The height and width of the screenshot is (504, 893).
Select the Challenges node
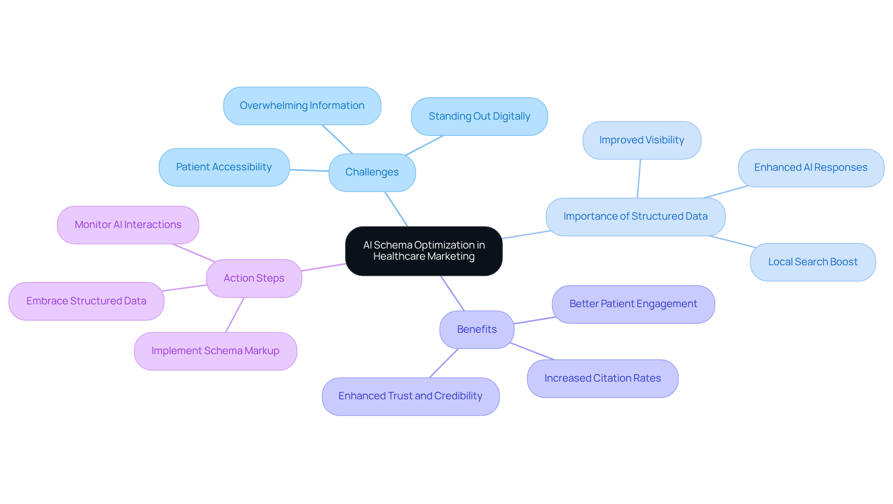click(372, 172)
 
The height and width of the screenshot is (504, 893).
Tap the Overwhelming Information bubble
click(302, 106)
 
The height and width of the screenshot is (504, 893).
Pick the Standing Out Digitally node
click(479, 116)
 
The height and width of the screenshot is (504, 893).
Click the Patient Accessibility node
click(224, 167)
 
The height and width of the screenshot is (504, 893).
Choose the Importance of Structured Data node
click(635, 216)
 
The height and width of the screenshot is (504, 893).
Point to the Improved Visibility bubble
click(641, 140)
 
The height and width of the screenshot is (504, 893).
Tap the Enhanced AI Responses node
click(810, 168)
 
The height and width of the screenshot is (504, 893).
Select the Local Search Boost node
click(813, 262)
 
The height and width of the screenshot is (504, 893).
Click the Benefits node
click(477, 329)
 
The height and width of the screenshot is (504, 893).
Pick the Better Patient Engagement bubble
click(633, 304)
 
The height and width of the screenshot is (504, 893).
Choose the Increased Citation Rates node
click(602, 378)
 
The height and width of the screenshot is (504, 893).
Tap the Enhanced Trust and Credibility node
click(410, 396)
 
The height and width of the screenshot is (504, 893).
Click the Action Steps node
click(254, 278)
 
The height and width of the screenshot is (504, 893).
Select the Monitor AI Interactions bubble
click(128, 225)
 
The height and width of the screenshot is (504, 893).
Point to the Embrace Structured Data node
click(86, 301)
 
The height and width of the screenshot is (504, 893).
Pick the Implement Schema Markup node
click(215, 351)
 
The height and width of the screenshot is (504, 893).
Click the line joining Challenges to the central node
click(396, 209)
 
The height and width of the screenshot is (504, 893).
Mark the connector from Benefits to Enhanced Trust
click(444, 363)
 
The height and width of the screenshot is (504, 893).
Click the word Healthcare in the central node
click(399, 256)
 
